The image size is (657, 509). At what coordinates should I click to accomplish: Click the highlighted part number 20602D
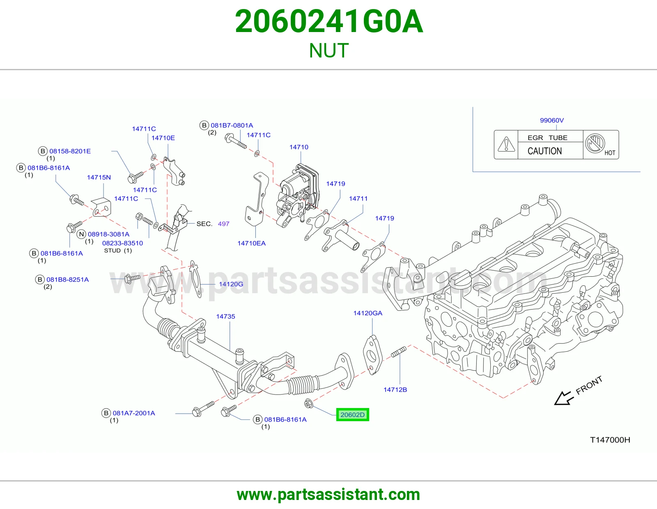tap(353, 415)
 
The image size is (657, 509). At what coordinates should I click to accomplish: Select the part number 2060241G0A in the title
tap(328, 21)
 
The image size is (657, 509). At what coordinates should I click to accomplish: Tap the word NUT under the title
tap(328, 50)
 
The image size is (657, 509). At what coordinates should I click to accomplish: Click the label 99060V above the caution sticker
tap(552, 120)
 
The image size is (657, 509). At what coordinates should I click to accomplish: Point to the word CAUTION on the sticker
tap(544, 151)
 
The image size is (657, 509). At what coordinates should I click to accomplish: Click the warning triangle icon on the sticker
tap(506, 144)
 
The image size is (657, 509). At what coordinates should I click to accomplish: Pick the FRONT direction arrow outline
tap(563, 398)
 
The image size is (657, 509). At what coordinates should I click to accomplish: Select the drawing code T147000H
tap(610, 440)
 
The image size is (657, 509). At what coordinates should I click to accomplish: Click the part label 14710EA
tap(252, 243)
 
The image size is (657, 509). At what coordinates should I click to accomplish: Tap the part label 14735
tap(225, 316)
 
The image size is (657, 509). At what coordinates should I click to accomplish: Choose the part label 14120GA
tap(368, 313)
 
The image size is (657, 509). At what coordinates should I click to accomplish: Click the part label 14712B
tap(395, 390)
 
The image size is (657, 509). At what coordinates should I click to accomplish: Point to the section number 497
tap(223, 224)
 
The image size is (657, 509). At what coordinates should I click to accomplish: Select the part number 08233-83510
tap(122, 243)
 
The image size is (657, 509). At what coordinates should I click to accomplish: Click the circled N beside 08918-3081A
tap(81, 234)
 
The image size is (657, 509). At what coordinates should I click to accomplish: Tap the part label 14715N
tap(99, 177)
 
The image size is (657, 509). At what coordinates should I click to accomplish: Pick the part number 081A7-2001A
tap(133, 413)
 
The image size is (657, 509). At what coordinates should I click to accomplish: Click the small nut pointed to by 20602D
tap(308, 403)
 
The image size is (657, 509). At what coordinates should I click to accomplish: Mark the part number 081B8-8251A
tap(67, 280)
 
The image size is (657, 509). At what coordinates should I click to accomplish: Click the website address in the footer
tap(328, 495)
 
